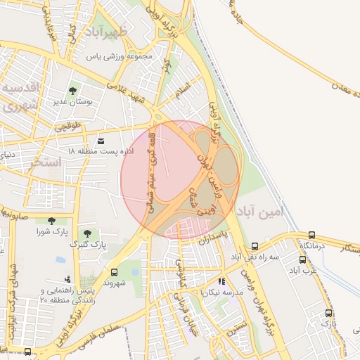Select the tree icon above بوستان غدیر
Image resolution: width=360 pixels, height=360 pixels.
[73, 91]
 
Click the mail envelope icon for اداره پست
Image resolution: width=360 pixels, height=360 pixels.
[101, 141]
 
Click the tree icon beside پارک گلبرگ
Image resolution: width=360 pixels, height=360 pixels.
[88, 233]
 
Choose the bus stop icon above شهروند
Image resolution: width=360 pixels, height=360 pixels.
[114, 272]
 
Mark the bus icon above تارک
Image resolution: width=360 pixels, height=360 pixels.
[328, 314]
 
